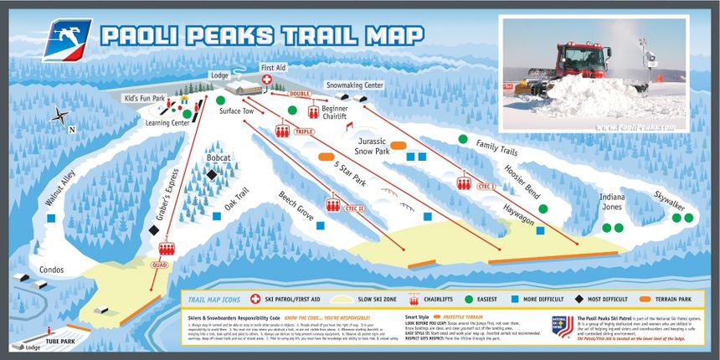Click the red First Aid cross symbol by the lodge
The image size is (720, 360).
(x=268, y=80)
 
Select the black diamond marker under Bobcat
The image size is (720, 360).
(x=212, y=174)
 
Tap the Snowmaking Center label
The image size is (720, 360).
(x=354, y=85)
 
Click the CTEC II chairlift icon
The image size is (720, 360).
(x=334, y=206)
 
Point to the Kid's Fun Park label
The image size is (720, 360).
(x=145, y=98)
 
